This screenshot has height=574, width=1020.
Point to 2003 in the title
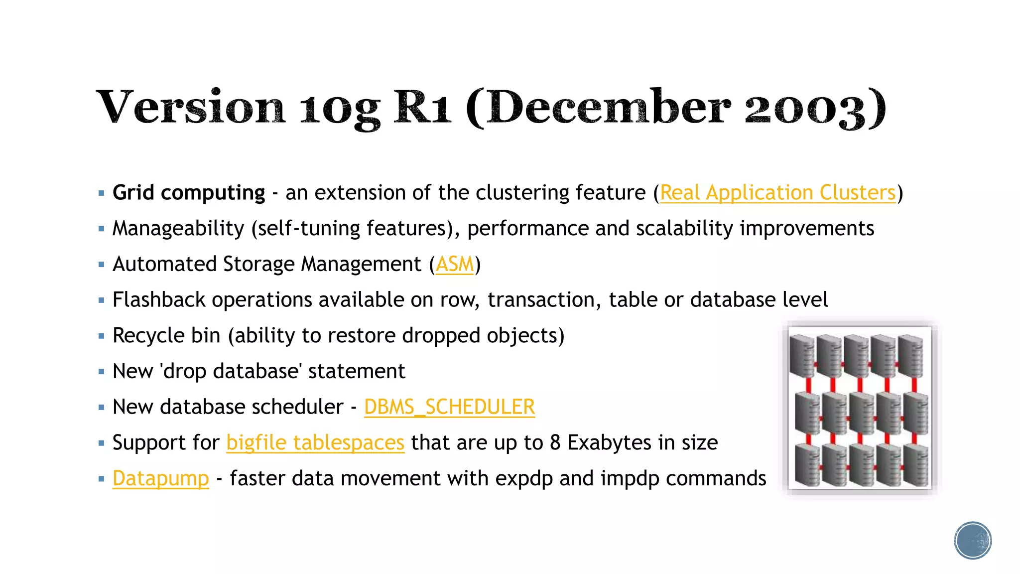804,109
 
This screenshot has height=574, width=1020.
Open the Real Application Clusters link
777,193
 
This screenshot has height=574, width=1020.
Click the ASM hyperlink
455,264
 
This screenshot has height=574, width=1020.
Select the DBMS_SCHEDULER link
449,407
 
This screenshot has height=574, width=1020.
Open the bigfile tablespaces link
315,443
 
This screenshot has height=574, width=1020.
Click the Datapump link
160,479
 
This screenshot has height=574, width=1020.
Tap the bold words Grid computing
189,193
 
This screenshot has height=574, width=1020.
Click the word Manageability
178,229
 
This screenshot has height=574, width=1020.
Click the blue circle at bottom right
973,541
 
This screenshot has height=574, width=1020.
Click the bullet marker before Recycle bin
102,336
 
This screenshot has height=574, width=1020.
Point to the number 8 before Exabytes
555,443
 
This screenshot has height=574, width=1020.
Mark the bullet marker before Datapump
102,479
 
